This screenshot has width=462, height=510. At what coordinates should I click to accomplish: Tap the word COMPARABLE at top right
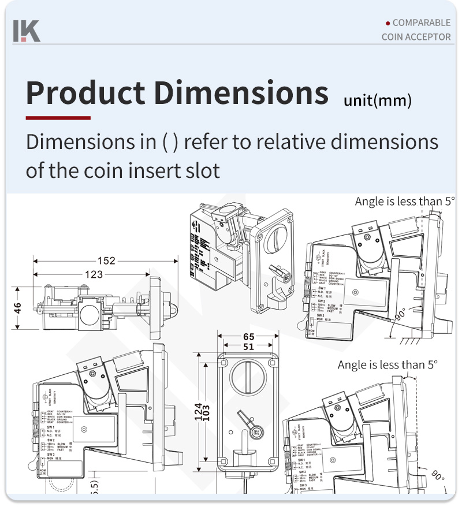tap(421, 23)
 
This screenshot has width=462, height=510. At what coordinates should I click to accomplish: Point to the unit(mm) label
tap(378, 101)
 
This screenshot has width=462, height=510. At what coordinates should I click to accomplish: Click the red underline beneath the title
tap(58, 118)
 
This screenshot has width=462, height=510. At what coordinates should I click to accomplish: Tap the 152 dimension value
tap(106, 260)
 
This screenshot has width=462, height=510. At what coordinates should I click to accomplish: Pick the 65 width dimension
tap(248, 337)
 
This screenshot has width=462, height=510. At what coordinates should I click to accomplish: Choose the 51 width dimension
tap(248, 347)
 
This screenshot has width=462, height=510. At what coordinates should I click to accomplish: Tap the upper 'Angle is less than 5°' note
tap(405, 201)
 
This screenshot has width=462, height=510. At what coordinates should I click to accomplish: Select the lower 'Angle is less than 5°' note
tap(388, 365)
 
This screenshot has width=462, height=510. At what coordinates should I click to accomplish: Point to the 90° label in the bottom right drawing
tap(438, 477)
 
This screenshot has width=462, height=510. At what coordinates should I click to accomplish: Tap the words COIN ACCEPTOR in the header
tap(416, 37)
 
